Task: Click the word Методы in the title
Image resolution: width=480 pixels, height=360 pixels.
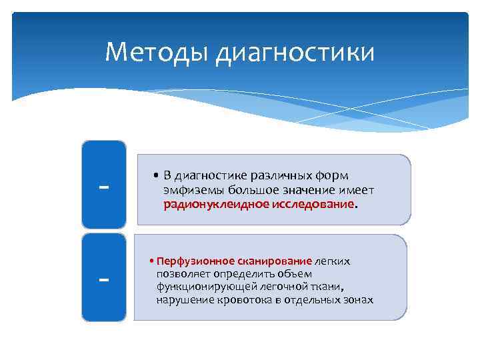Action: click(157, 52)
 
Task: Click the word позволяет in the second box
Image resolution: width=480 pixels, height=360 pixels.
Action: click(182, 274)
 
